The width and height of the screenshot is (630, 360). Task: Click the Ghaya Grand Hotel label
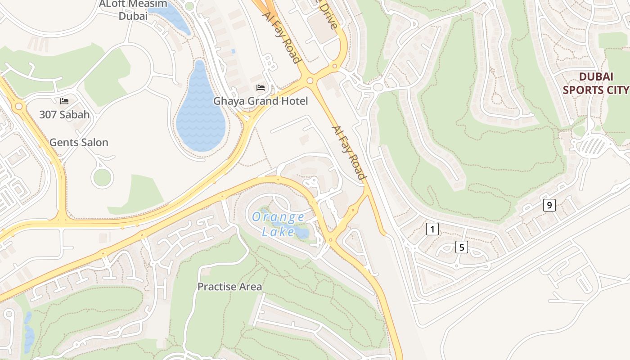tap(261, 101)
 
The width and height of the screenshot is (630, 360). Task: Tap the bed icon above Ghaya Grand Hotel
tap(261, 87)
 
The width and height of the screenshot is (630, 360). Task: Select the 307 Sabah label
tap(64, 115)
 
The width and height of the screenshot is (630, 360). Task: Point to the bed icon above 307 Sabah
tap(64, 101)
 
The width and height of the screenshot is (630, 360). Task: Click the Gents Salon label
tap(79, 143)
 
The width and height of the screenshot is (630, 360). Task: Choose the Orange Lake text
tap(278, 224)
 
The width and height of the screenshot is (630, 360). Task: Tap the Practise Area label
tap(229, 287)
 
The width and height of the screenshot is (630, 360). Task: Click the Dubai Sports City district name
tap(596, 83)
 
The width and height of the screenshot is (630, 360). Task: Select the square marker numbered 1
tap(432, 229)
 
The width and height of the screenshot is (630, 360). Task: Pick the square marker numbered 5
tap(462, 247)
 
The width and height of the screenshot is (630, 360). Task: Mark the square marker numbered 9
tap(549, 205)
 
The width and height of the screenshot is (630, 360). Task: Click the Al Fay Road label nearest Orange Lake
tap(348, 153)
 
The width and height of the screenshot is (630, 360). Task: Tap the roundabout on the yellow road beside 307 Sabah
tap(18, 107)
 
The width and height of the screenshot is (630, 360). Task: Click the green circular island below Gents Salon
tap(102, 177)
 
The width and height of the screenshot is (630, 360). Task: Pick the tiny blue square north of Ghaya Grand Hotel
tap(233, 51)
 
